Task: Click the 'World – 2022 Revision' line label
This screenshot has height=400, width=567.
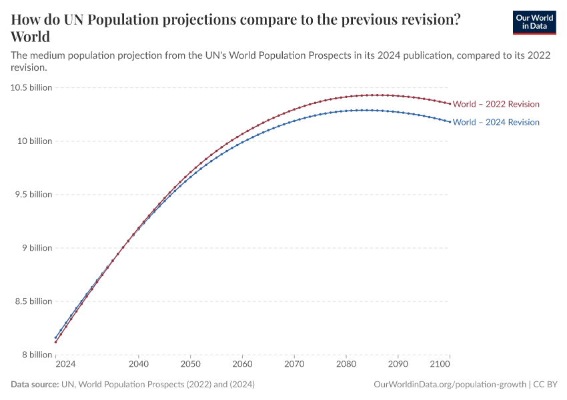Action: (x=496, y=104)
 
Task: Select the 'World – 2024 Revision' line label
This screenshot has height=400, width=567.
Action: (x=496, y=122)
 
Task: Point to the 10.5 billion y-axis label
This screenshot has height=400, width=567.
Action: (x=31, y=87)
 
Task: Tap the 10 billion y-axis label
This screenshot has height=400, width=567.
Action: (x=33, y=141)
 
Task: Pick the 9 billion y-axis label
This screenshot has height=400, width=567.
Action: (x=36, y=248)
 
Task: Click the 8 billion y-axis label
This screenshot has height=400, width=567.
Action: (x=36, y=355)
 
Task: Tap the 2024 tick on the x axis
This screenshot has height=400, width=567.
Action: (x=65, y=365)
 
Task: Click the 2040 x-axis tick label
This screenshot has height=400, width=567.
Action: (x=138, y=365)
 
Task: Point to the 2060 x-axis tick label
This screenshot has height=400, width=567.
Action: (x=242, y=365)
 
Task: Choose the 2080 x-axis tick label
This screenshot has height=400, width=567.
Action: (x=346, y=365)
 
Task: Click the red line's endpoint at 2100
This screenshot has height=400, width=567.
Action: (x=450, y=103)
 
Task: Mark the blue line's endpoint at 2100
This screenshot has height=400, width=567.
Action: (x=450, y=122)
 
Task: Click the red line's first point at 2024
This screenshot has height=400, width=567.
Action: (x=55, y=343)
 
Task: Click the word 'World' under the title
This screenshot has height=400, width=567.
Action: (x=31, y=36)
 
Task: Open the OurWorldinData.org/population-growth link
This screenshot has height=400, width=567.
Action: (x=450, y=385)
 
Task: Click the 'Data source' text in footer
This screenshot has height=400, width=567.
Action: (x=35, y=385)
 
